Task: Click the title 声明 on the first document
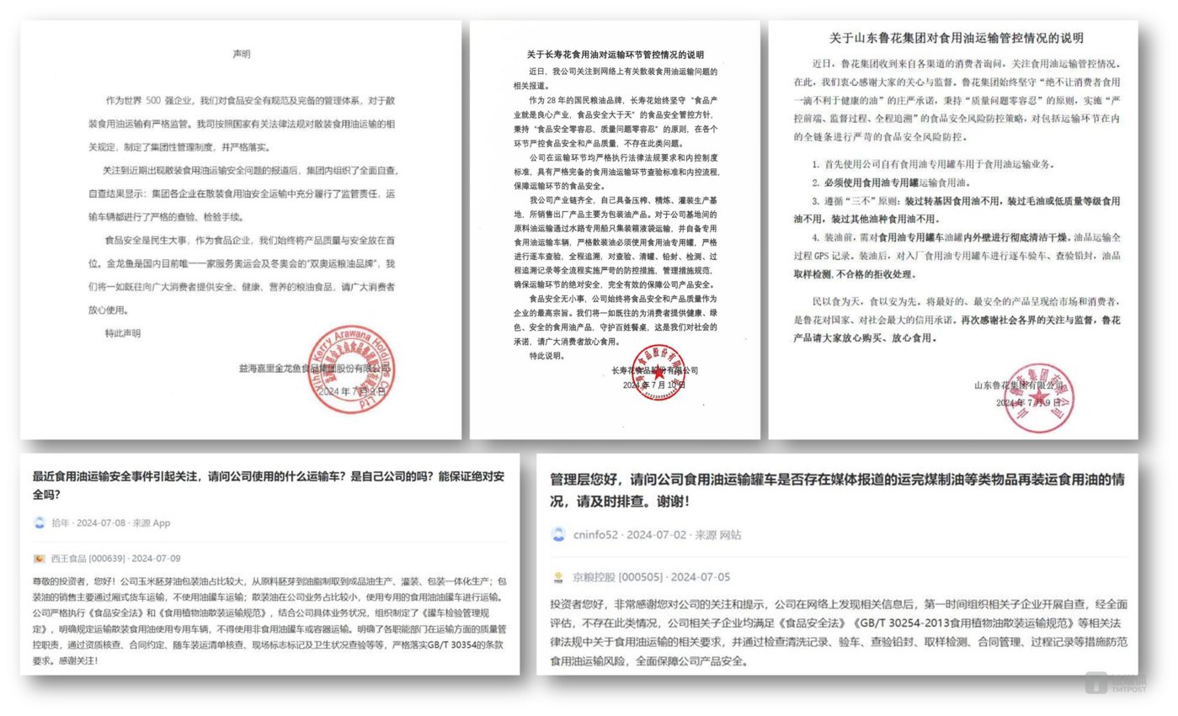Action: point(242,55)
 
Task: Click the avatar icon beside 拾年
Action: point(39,522)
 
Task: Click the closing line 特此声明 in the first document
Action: point(123,332)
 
